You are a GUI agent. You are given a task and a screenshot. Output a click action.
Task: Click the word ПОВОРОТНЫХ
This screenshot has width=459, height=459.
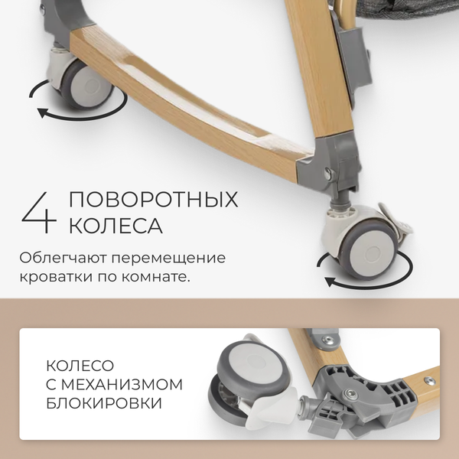(153, 200)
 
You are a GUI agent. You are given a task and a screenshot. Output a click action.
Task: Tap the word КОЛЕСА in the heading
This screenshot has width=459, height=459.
(116, 226)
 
